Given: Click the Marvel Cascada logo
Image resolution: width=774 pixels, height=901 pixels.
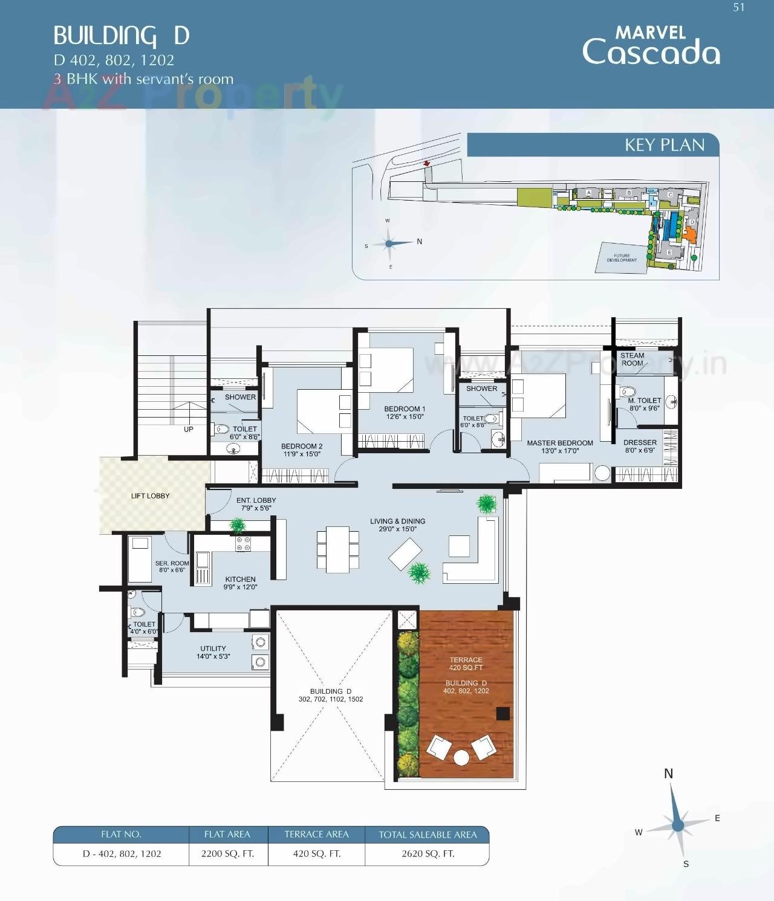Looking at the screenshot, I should point(651,46).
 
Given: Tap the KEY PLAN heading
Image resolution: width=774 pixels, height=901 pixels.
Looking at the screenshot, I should point(665,145).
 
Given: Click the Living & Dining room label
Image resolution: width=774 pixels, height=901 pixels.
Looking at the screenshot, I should point(397,525).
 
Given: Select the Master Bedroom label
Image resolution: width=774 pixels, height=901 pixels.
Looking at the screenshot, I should point(559,447).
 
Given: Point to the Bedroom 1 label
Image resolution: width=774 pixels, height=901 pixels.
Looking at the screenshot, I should point(405,412).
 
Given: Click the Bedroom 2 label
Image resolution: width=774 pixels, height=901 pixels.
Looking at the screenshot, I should point(302,450).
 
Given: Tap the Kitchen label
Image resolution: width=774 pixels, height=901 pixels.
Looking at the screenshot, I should point(240,583).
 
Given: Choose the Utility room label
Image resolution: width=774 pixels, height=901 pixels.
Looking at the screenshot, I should point(213,652).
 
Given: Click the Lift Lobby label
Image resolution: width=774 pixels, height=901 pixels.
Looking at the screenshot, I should point(150,496).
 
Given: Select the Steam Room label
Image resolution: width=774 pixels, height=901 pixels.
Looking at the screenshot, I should point(632,360).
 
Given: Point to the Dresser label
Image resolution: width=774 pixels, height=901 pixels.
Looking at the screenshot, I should point(640,446).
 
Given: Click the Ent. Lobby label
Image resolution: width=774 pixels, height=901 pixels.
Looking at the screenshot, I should point(256,504).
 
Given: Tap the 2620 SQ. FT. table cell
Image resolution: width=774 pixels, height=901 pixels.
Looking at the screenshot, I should point(428,854).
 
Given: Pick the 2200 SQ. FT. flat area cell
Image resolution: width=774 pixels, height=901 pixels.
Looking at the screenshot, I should point(227,854).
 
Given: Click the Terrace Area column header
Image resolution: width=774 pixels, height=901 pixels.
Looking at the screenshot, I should point(316,835).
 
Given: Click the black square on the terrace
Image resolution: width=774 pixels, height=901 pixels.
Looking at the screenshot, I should point(502,714).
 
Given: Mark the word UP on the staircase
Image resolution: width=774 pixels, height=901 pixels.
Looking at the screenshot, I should point(189,429).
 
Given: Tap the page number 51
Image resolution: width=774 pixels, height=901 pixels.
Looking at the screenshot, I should point(738,7).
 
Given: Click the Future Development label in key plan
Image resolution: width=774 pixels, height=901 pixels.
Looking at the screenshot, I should point(622,258).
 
